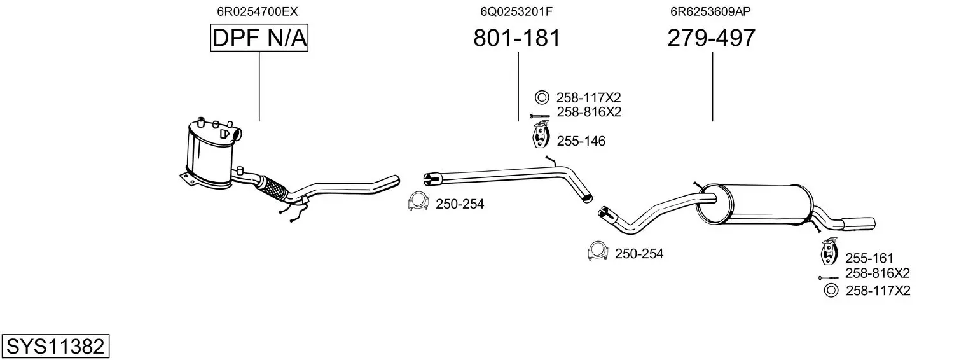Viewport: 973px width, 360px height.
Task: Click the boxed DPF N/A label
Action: [x=259, y=38]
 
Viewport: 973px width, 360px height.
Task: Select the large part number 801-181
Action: [x=517, y=38]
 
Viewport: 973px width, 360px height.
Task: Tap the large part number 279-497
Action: [x=712, y=38]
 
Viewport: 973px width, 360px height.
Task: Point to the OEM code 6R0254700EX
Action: [x=258, y=11]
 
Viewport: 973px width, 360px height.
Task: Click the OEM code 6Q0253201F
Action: [x=516, y=11]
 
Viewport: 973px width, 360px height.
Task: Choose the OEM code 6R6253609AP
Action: [x=710, y=11]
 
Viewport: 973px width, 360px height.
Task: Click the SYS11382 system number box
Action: [x=55, y=346]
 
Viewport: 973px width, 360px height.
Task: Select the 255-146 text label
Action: [x=581, y=141]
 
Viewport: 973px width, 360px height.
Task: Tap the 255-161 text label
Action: [x=869, y=258]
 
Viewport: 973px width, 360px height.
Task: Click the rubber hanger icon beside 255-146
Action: [x=541, y=135]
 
